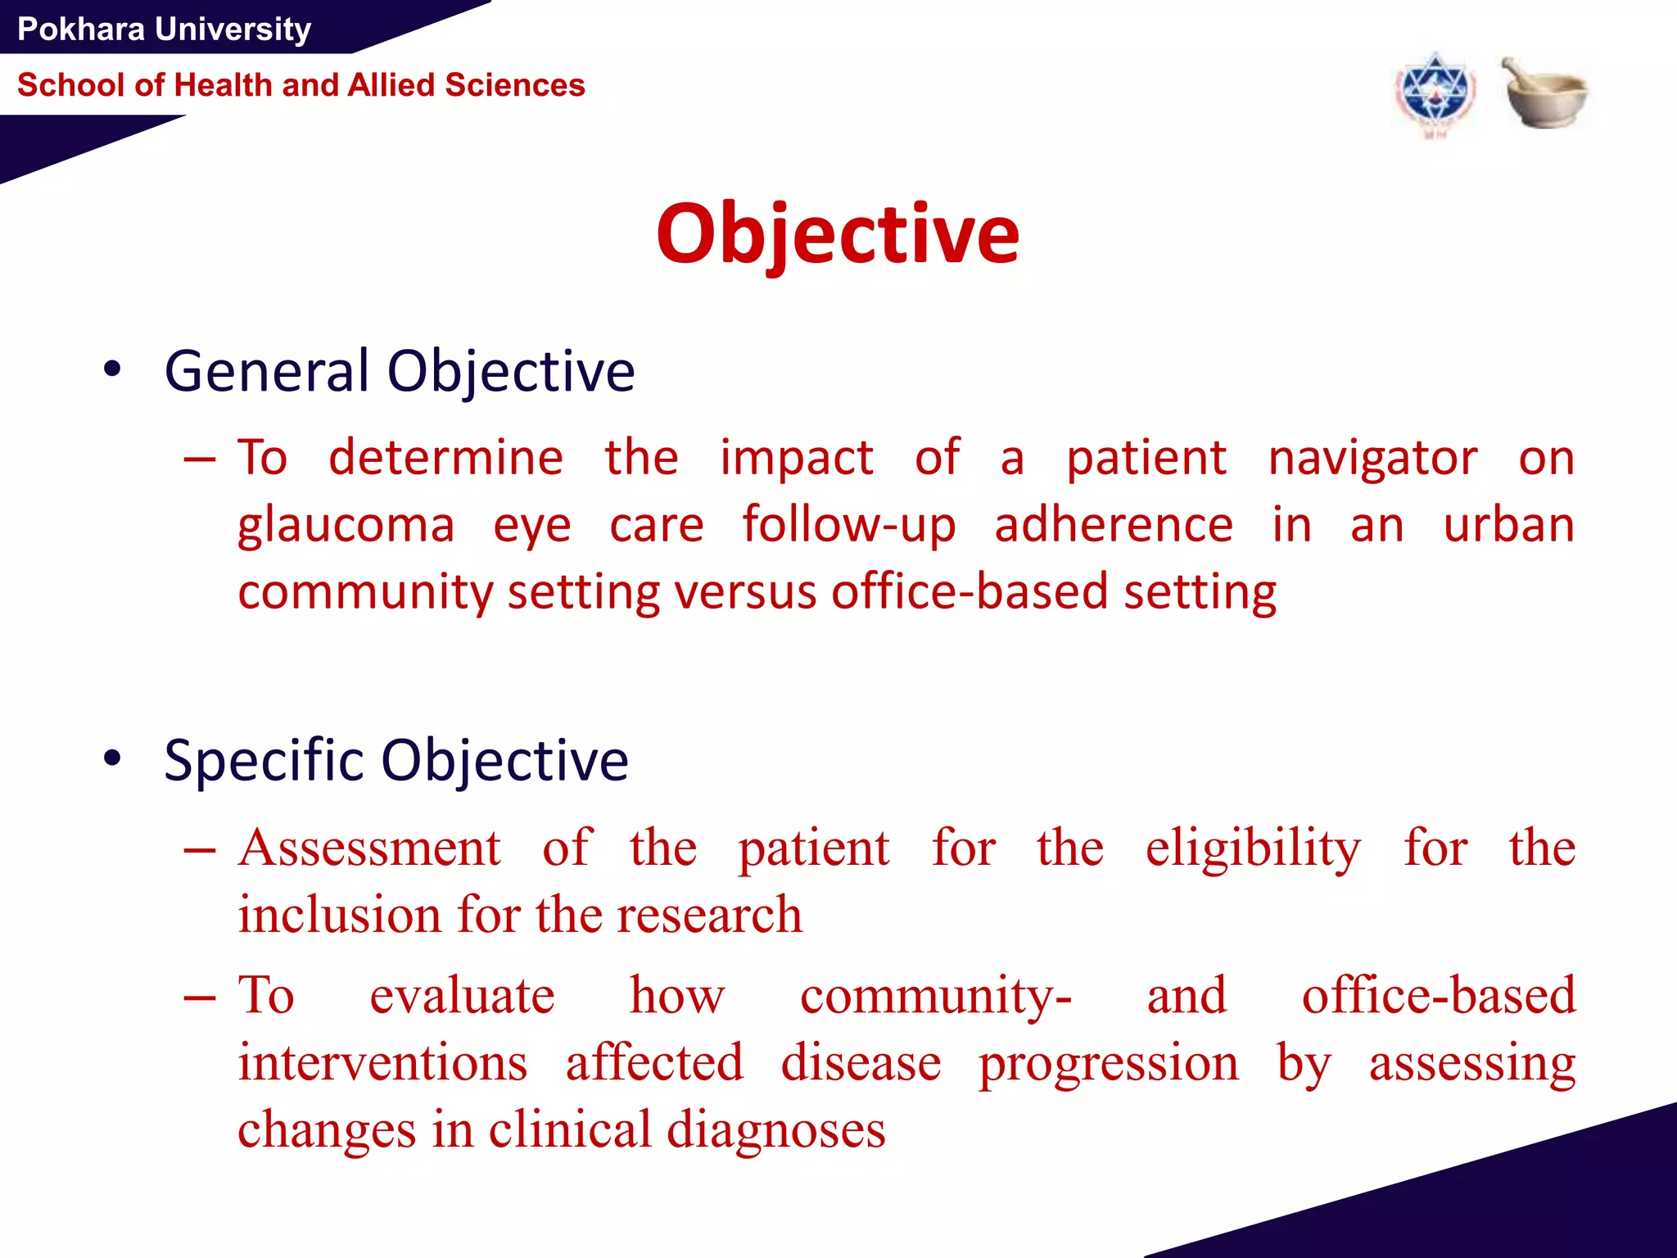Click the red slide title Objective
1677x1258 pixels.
(838, 235)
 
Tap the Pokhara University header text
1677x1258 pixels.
(164, 29)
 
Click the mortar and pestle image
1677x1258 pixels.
(1544, 93)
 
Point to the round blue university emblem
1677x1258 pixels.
(1435, 95)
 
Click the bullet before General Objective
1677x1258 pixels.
(112, 369)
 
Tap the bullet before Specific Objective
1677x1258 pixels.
(112, 758)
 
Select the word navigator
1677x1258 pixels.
(1372, 458)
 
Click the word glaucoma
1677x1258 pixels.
(346, 526)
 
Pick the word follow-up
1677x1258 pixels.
(848, 526)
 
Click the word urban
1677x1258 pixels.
(1508, 526)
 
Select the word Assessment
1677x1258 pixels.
(369, 848)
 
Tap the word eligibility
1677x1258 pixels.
(1253, 849)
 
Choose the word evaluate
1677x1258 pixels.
(462, 996)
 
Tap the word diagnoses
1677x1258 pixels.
(775, 1130)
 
